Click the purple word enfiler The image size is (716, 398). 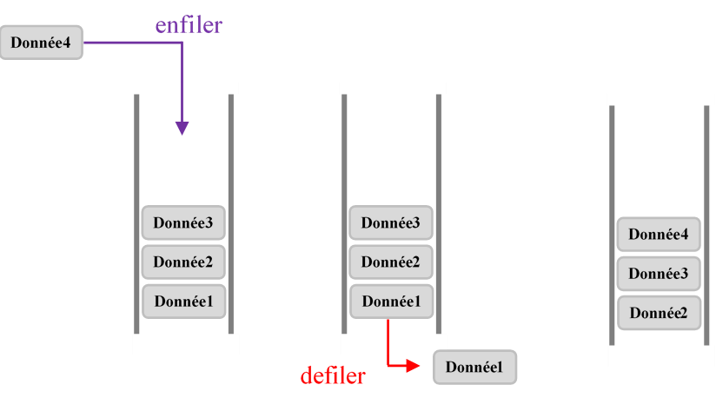(189, 25)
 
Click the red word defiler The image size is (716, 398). (333, 375)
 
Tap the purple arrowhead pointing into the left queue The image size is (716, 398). (182, 128)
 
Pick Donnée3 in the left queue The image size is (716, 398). (183, 223)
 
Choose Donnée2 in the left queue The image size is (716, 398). (183, 262)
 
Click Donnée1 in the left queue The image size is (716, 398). (183, 302)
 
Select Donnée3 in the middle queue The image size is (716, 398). (391, 223)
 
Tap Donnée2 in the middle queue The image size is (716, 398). (391, 262)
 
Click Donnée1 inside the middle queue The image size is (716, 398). (391, 302)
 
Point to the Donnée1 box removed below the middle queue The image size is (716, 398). (475, 368)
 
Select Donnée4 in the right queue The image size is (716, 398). (659, 235)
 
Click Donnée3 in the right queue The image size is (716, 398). (659, 274)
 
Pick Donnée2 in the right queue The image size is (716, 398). (659, 313)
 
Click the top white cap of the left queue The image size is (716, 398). (185, 88)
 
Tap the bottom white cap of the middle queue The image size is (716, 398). (394, 344)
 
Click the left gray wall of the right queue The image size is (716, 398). (612, 226)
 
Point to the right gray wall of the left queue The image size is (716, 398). (231, 213)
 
